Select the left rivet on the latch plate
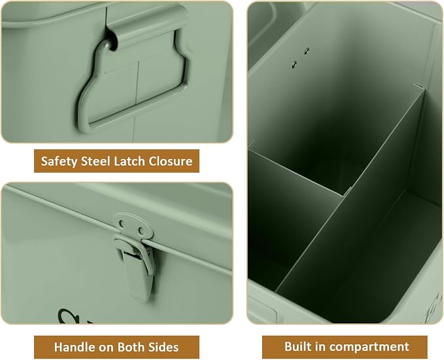[122, 224]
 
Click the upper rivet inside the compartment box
[307, 51]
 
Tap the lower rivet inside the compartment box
[294, 65]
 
